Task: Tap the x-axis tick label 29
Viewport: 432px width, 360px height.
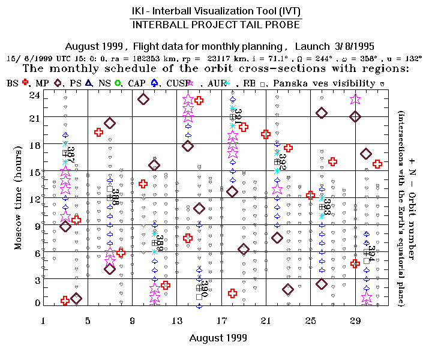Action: point(355,320)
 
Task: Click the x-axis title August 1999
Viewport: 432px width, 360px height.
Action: point(218,338)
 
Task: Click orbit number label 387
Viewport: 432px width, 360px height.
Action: point(71,154)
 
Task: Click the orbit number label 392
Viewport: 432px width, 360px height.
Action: point(283,161)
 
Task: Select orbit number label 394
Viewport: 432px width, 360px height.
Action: point(371,254)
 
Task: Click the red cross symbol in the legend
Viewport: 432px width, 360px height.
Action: point(25,83)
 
